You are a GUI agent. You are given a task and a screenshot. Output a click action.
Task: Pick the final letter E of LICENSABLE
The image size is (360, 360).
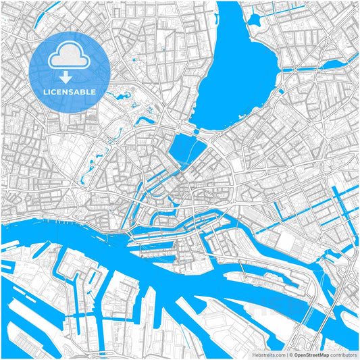pyautogui.click(x=93, y=91)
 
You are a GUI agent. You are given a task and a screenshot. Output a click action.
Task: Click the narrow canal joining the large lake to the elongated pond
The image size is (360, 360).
pyautogui.click(x=301, y=68)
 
